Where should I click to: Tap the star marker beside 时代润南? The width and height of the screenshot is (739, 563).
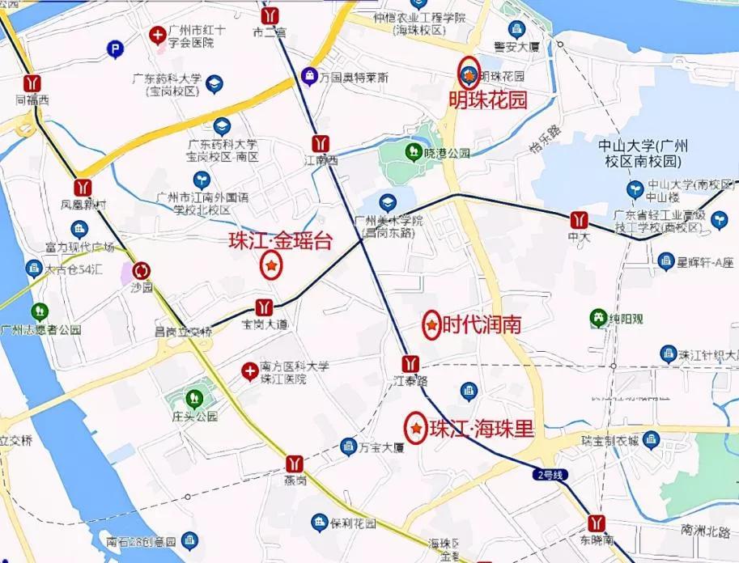(x=432, y=325)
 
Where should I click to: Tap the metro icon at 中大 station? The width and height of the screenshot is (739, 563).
(x=578, y=219)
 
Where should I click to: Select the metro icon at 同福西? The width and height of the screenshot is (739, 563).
(x=32, y=83)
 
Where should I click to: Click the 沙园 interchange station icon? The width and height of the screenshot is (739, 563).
(x=142, y=270)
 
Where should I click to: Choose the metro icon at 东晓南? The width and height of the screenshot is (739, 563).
(x=598, y=522)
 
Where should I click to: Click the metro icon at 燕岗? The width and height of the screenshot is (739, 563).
(x=295, y=464)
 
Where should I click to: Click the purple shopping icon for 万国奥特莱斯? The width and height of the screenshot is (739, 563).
(x=308, y=76)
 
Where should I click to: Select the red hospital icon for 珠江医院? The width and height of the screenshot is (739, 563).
(x=250, y=371)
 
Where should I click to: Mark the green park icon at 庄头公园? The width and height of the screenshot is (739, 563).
(x=194, y=397)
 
